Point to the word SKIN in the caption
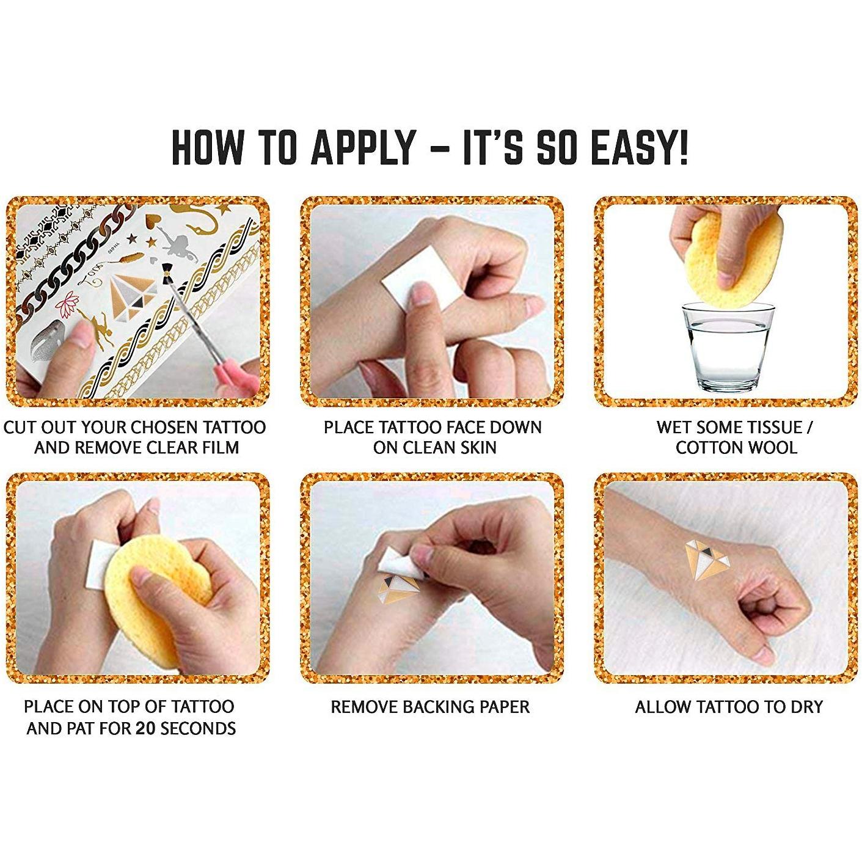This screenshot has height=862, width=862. click(x=477, y=447)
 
